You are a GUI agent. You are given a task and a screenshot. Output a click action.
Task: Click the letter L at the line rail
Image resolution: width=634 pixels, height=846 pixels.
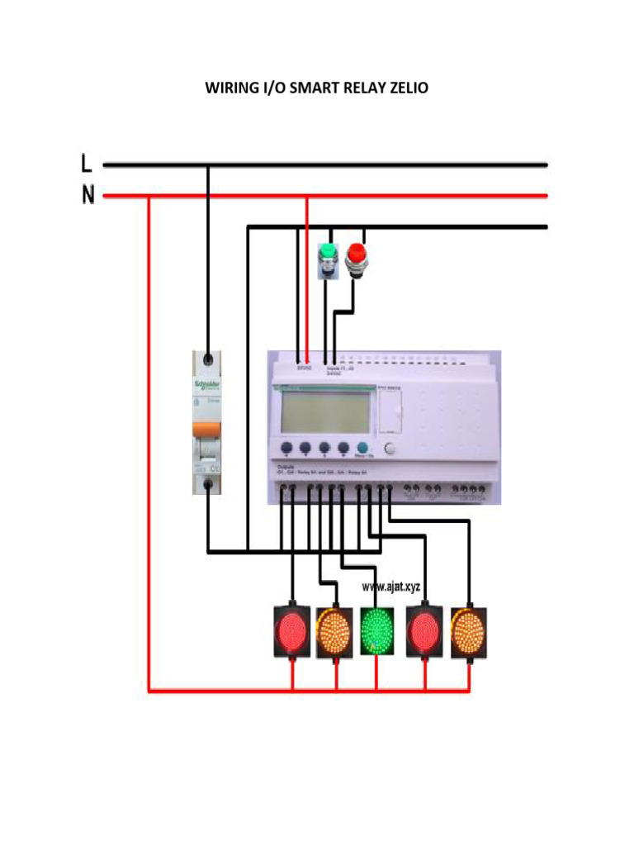pyautogui.click(x=87, y=164)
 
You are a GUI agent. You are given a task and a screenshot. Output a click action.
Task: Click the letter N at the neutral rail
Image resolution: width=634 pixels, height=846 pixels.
pyautogui.click(x=88, y=196)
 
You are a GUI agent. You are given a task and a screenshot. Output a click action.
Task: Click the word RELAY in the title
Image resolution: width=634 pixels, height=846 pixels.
pyautogui.click(x=362, y=88)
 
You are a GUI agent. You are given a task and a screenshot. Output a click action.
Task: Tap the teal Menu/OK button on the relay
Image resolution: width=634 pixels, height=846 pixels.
pyautogui.click(x=362, y=447)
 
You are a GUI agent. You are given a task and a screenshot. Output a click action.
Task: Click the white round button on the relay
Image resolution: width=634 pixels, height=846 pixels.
pyautogui.click(x=391, y=449)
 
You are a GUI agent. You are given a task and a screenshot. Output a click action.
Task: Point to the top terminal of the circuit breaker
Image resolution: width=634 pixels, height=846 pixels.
pyautogui.click(x=208, y=360)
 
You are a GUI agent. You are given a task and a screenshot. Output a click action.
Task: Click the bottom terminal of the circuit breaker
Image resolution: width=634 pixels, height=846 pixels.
pyautogui.click(x=208, y=487)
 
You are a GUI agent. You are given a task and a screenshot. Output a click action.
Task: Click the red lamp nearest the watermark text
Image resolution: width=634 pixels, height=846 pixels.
pyautogui.click(x=426, y=632)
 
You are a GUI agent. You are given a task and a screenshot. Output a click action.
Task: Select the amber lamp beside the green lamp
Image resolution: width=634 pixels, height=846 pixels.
pyautogui.click(x=335, y=632)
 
